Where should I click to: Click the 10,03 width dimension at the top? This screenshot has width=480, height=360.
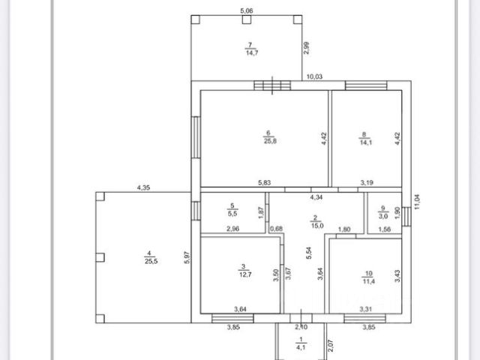click(314, 76)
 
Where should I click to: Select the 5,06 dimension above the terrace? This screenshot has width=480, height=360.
click(246, 11)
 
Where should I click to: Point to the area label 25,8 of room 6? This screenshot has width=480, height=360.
click(268, 140)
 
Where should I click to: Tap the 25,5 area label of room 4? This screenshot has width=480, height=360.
click(150, 260)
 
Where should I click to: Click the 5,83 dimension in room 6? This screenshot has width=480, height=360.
click(265, 182)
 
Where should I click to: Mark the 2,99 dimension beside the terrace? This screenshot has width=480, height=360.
click(306, 49)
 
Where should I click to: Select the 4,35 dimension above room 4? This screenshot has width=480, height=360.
click(143, 187)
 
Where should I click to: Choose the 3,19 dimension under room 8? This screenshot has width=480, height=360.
click(367, 182)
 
